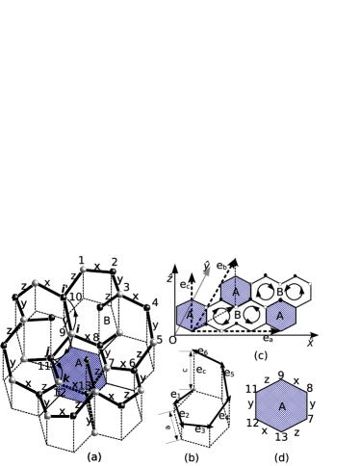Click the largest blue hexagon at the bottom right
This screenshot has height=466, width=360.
pos(281,405)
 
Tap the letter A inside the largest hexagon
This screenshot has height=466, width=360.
pos(282,407)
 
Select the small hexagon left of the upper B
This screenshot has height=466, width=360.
pos(236,291)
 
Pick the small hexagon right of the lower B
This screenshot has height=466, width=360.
pos(281,315)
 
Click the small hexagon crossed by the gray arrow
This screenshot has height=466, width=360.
pos(191,315)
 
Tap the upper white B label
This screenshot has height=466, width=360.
pos(279,292)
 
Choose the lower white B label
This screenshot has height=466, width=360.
pos(237,315)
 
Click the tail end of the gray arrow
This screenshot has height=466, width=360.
pos(176,333)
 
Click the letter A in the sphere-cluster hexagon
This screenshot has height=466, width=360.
pos(79,363)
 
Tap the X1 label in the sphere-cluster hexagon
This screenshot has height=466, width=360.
pos(81,386)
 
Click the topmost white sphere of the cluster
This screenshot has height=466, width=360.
pos(83,270)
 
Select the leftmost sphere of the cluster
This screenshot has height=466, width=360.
pos(4,346)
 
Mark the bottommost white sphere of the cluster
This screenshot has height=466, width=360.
pos(94,432)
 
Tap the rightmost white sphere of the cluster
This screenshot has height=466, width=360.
pos(154,342)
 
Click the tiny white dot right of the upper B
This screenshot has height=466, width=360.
pos(310,284)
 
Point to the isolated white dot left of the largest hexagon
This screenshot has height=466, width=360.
pos(194,389)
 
